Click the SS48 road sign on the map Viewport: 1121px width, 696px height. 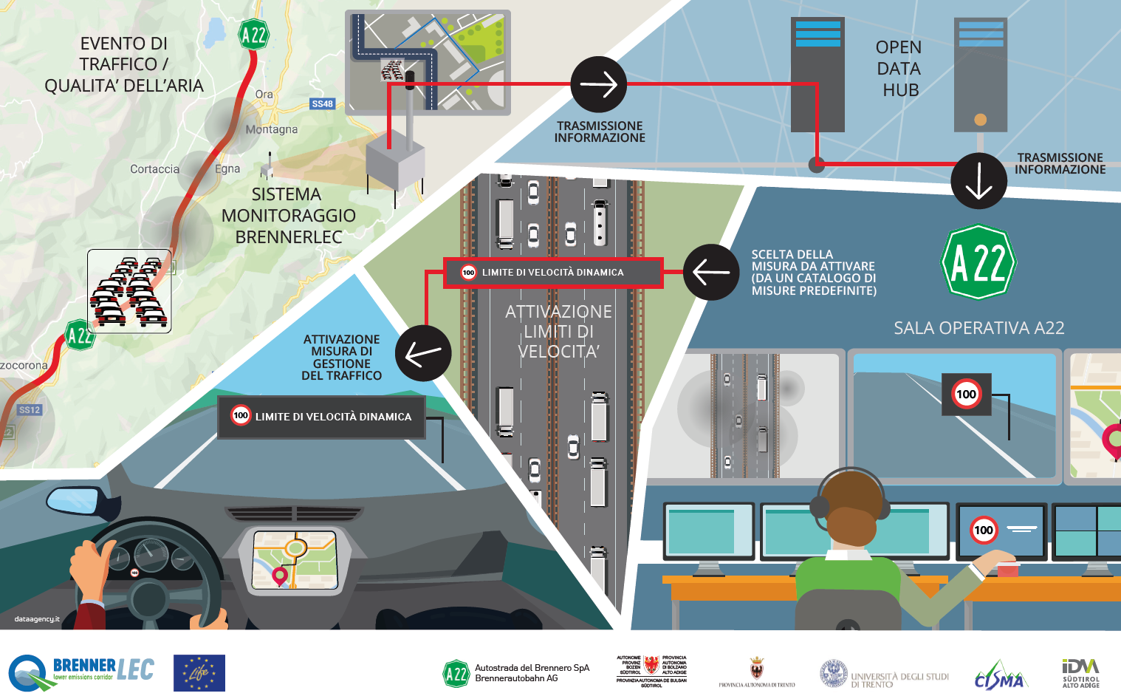pos(323,104)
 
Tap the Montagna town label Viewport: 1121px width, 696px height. pos(272,129)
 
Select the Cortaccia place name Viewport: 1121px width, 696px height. pos(154,169)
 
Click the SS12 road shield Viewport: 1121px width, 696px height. pos(30,410)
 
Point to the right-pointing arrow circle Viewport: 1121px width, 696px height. pos(599,84)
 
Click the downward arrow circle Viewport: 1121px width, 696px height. pos(978,181)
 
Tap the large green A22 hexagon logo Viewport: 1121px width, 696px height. pos(978,262)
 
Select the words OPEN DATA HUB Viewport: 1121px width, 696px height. pos(899,69)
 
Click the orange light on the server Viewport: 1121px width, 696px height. pos(980,120)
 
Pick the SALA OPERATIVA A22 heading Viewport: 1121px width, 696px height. pos(978,328)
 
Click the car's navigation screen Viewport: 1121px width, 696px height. pos(295,559)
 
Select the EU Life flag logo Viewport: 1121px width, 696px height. pos(199,673)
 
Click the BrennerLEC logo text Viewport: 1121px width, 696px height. pos(103,669)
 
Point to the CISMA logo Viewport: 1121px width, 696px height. pos(1000,675)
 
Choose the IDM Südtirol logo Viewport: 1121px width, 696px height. pos(1080,672)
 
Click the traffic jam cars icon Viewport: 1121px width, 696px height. pos(129,291)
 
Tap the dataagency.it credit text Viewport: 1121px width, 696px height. pos(37,619)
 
